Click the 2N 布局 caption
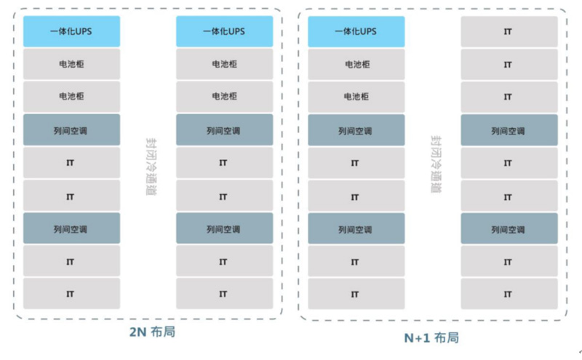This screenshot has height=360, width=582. pyautogui.click(x=152, y=332)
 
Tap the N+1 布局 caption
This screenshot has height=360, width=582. pyautogui.click(x=431, y=337)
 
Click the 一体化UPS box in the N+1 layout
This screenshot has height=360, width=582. pyautogui.click(x=356, y=31)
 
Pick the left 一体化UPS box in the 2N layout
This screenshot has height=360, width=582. pyautogui.click(x=71, y=31)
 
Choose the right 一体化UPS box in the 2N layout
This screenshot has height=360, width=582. pyautogui.click(x=224, y=31)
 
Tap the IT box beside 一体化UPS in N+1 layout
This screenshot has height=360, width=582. pyautogui.click(x=509, y=31)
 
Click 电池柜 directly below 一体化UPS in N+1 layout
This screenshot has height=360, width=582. pyautogui.click(x=356, y=64)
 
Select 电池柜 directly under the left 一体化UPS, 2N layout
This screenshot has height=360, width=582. pyautogui.click(x=71, y=64)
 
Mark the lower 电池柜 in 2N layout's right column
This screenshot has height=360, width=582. pyautogui.click(x=224, y=97)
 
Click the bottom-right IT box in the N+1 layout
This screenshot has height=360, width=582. pyautogui.click(x=509, y=294)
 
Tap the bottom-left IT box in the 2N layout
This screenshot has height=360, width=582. pyautogui.click(x=71, y=294)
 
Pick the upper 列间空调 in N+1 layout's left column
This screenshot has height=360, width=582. pyautogui.click(x=356, y=131)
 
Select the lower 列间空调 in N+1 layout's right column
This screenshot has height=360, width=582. pyautogui.click(x=509, y=229)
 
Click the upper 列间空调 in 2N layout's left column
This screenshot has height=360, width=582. pyautogui.click(x=71, y=131)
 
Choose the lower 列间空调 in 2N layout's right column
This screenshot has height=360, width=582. pyautogui.click(x=224, y=229)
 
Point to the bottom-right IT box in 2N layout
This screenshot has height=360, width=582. pyautogui.click(x=224, y=294)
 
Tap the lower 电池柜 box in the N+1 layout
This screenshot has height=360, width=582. pyautogui.click(x=356, y=97)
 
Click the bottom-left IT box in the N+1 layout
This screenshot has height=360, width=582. pyautogui.click(x=356, y=294)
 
